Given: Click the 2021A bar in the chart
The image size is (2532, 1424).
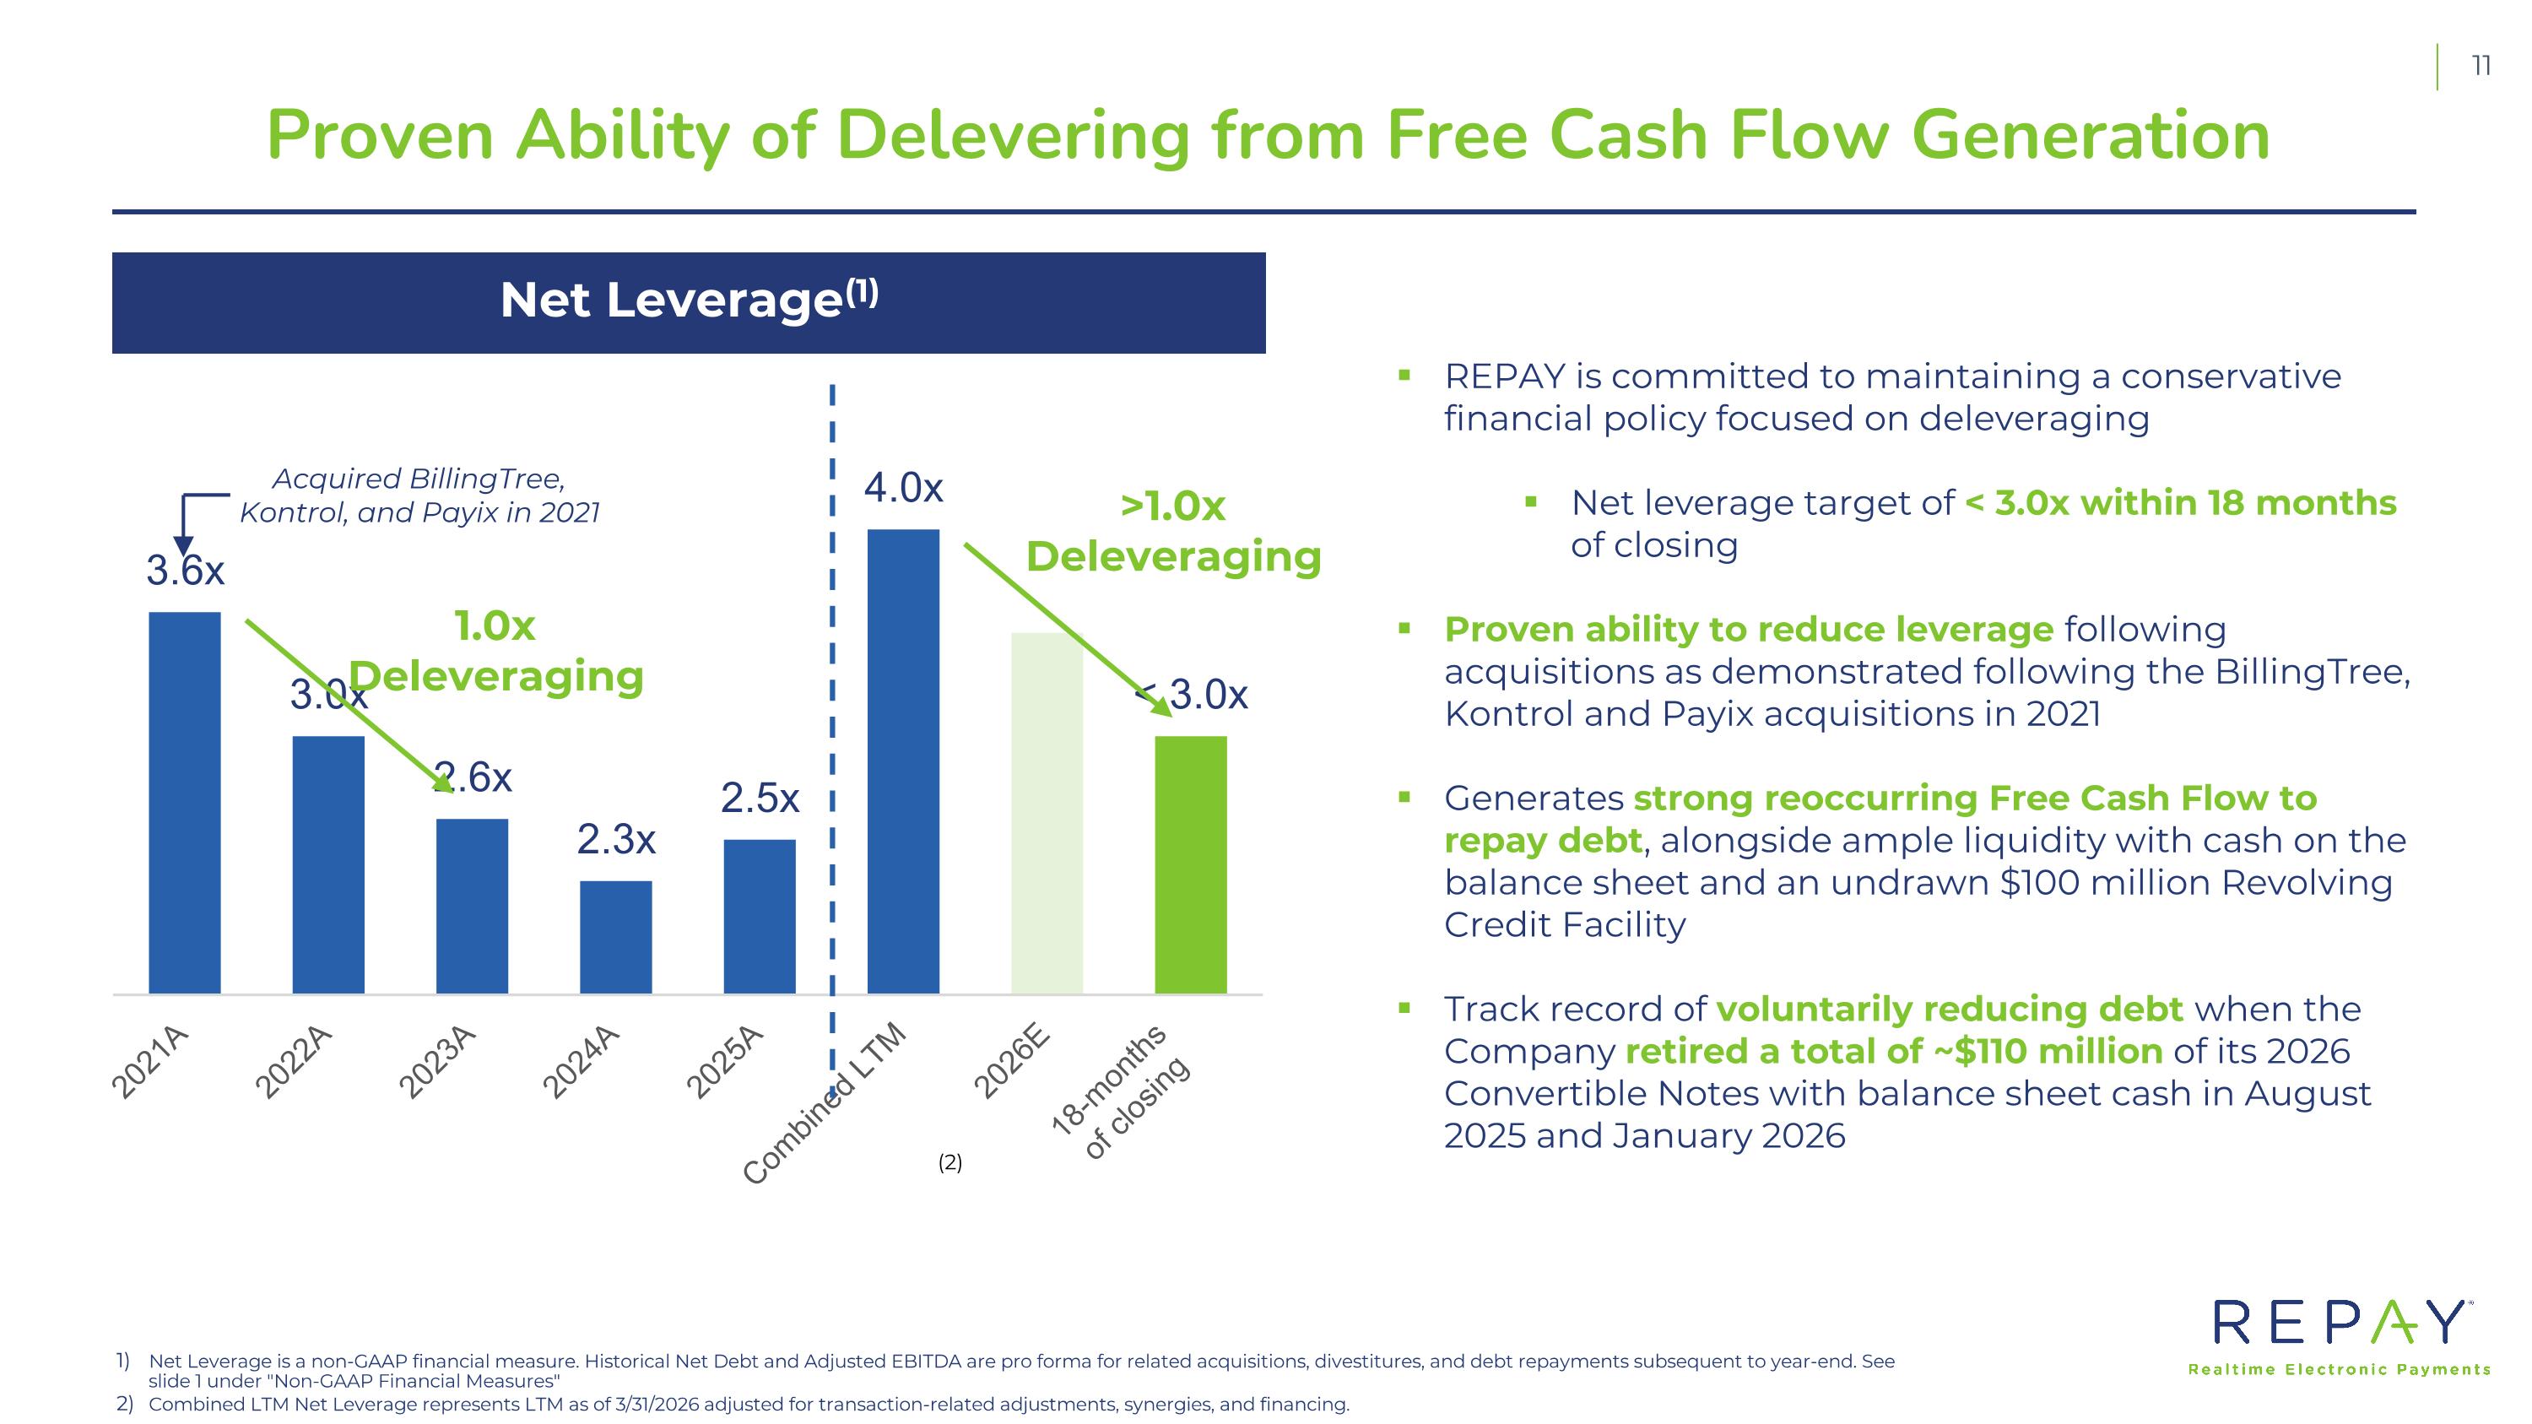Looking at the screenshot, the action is [x=185, y=803].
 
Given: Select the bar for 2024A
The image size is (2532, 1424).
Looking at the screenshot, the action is [x=616, y=938].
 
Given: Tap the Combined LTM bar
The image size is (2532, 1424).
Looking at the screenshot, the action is [x=903, y=761].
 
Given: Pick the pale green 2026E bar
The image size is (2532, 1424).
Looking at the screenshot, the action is [x=1047, y=813].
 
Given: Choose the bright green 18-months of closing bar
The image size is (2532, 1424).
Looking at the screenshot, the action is [x=1190, y=865].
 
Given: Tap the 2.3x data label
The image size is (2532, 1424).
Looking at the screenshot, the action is [x=616, y=840].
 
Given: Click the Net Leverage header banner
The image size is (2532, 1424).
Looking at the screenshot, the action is [x=689, y=303].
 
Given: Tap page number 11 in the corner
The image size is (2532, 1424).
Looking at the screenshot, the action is [x=2481, y=67].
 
